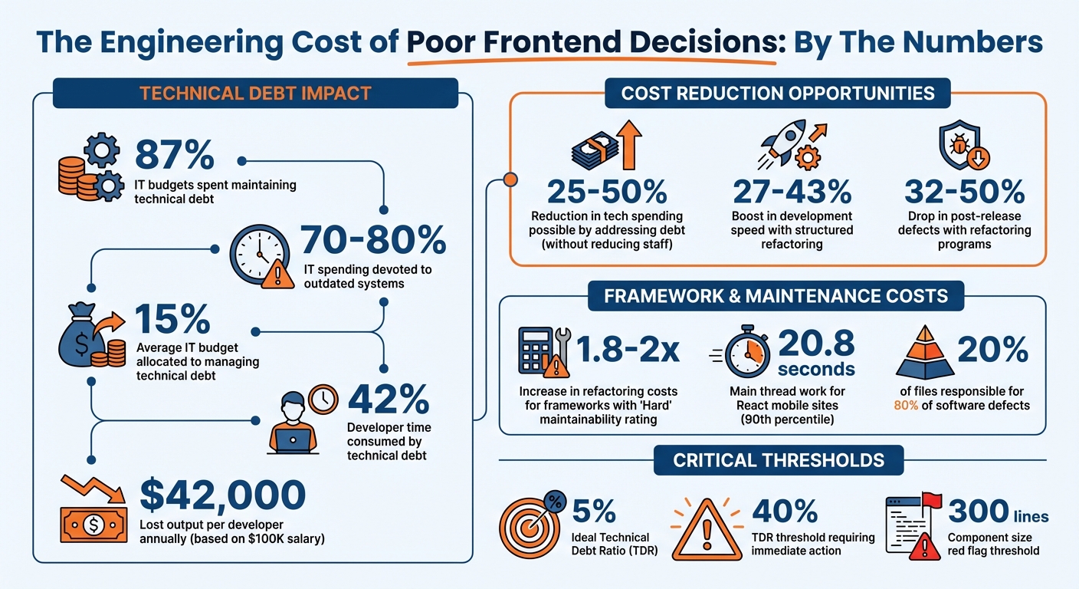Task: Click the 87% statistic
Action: (x=174, y=155)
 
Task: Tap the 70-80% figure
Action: (x=373, y=240)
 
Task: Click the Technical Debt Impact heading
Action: (x=255, y=94)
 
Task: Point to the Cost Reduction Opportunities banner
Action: (x=778, y=94)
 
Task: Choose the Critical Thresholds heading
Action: (x=779, y=460)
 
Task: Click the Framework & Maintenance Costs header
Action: (x=776, y=296)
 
